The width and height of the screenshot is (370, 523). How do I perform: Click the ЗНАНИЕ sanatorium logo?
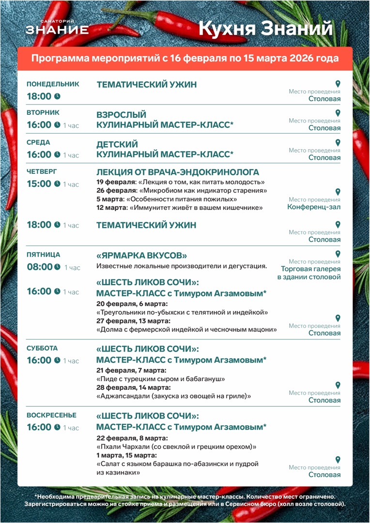[57, 28]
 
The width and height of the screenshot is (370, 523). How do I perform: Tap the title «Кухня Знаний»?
[266, 29]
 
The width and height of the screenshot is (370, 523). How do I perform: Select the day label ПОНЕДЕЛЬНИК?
[53, 84]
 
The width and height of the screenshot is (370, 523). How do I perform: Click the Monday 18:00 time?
[39, 96]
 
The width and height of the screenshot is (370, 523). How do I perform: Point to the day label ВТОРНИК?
[43, 112]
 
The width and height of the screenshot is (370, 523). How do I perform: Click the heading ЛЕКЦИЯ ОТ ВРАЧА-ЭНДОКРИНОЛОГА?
[178, 172]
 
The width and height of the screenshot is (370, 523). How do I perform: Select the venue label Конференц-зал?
[314, 207]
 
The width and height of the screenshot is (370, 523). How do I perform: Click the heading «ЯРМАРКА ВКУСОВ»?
[142, 255]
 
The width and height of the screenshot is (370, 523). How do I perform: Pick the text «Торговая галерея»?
[310, 269]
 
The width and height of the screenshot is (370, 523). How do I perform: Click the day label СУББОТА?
[42, 348]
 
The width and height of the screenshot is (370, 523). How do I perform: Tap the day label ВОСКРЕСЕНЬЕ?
[51, 415]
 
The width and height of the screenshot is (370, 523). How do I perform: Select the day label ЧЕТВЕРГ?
[42, 171]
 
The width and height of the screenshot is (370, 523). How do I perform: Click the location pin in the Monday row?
[338, 83]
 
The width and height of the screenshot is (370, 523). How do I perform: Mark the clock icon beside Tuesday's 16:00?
[57, 125]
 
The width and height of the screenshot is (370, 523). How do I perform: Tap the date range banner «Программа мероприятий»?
[185, 59]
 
